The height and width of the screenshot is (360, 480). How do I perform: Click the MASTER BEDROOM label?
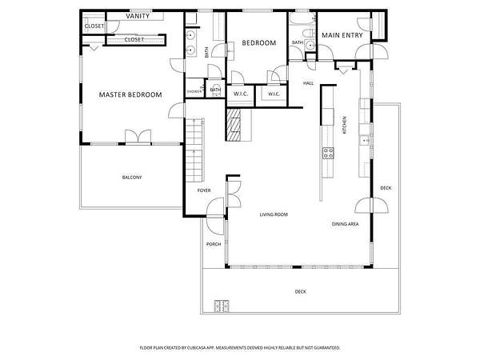(130, 95)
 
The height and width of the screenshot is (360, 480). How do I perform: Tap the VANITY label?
(138, 16)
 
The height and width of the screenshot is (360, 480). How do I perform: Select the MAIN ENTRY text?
(342, 35)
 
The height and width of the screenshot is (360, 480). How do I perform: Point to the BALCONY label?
(132, 178)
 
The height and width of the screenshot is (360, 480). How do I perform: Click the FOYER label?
(204, 190)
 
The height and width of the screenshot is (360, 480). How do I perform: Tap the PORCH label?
(214, 244)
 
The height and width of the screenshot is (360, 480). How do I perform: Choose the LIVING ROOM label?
(274, 214)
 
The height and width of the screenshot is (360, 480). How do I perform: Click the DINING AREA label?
(345, 224)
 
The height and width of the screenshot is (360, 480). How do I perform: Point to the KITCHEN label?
(344, 125)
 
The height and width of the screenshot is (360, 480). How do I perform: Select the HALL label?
(308, 83)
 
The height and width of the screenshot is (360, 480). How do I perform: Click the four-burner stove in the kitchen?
(328, 153)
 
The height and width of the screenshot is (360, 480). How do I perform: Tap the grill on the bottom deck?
(222, 306)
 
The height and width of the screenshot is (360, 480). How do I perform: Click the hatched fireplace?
(234, 125)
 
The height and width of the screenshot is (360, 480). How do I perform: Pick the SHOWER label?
(194, 91)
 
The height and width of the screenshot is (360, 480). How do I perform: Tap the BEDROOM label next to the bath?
(259, 43)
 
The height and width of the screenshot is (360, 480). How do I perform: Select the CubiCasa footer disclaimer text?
(240, 348)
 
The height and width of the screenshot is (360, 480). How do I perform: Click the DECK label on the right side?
(386, 188)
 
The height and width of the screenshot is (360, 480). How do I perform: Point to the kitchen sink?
(365, 140)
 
